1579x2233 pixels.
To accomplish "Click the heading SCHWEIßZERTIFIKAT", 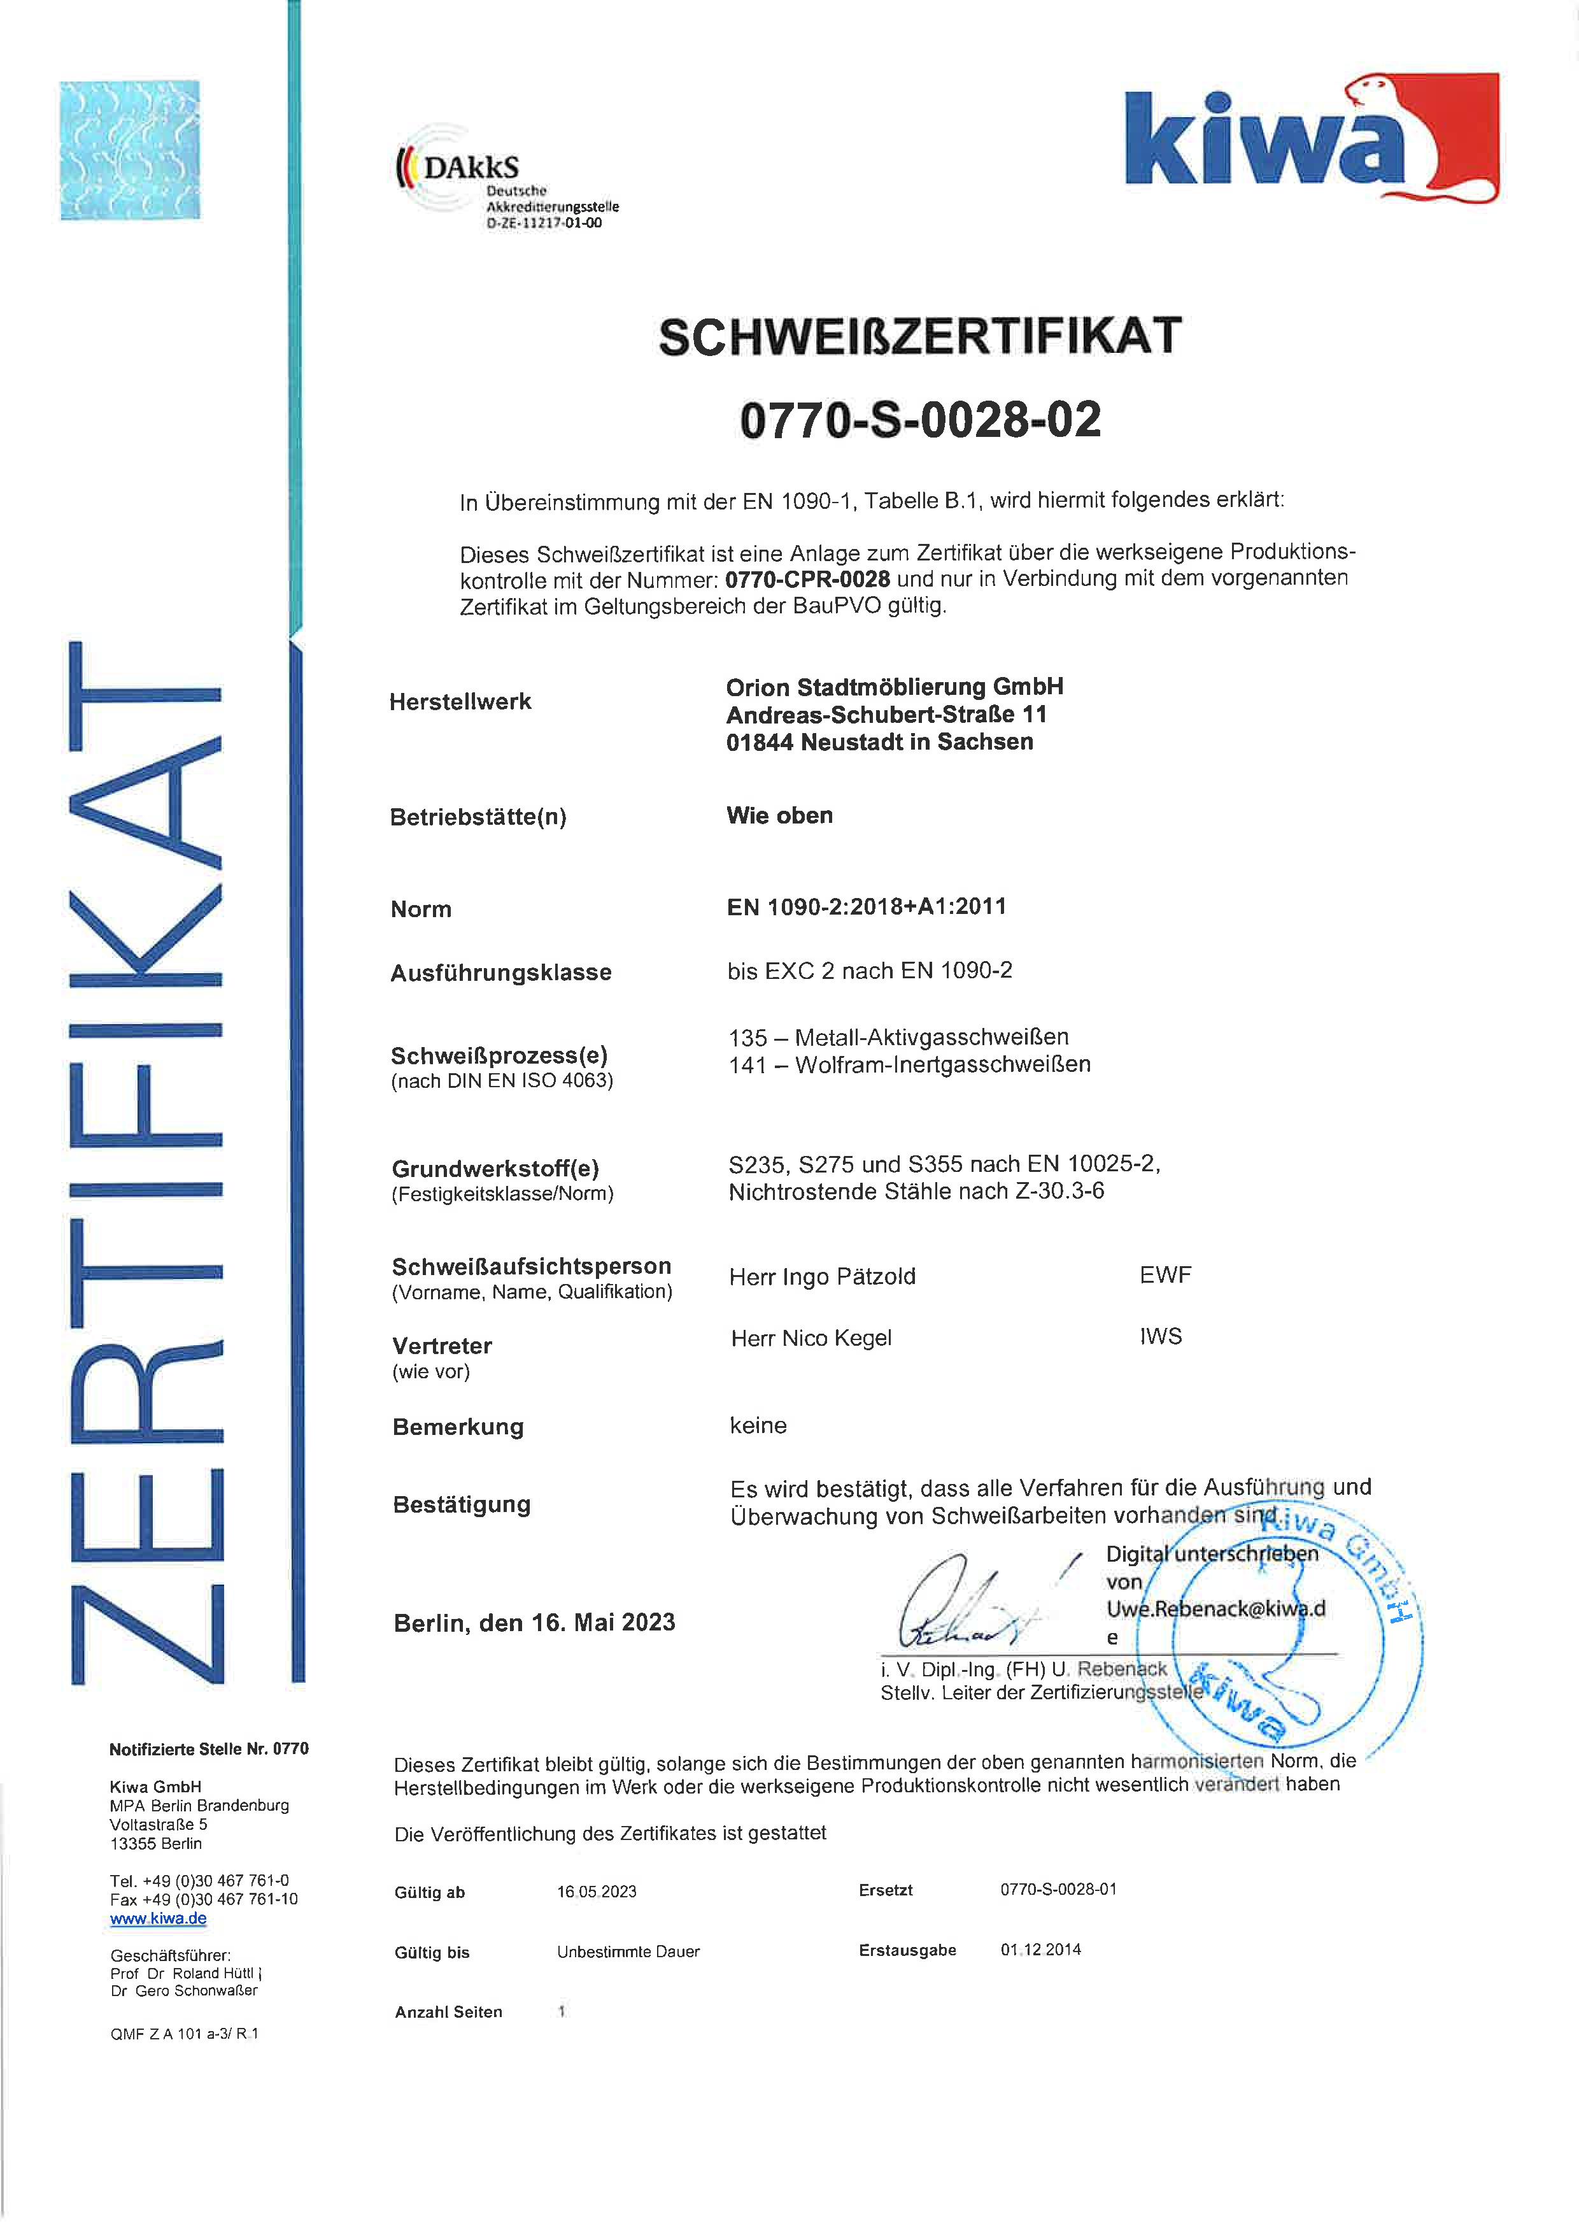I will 920,336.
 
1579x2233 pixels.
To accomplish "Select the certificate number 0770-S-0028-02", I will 920,420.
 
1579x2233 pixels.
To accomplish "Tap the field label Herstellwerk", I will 460,701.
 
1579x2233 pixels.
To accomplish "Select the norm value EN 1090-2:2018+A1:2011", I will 867,906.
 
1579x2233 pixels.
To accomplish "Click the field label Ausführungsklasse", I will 500,973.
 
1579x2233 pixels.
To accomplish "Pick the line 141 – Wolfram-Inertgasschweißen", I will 909,1064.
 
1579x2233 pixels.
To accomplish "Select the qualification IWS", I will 1161,1336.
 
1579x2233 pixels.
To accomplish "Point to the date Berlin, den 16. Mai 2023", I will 534,1622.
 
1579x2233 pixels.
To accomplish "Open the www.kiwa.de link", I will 159,1918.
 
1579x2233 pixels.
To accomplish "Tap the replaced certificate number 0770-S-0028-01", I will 1058,1888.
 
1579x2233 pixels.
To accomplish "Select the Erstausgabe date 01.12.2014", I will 1040,1949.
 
